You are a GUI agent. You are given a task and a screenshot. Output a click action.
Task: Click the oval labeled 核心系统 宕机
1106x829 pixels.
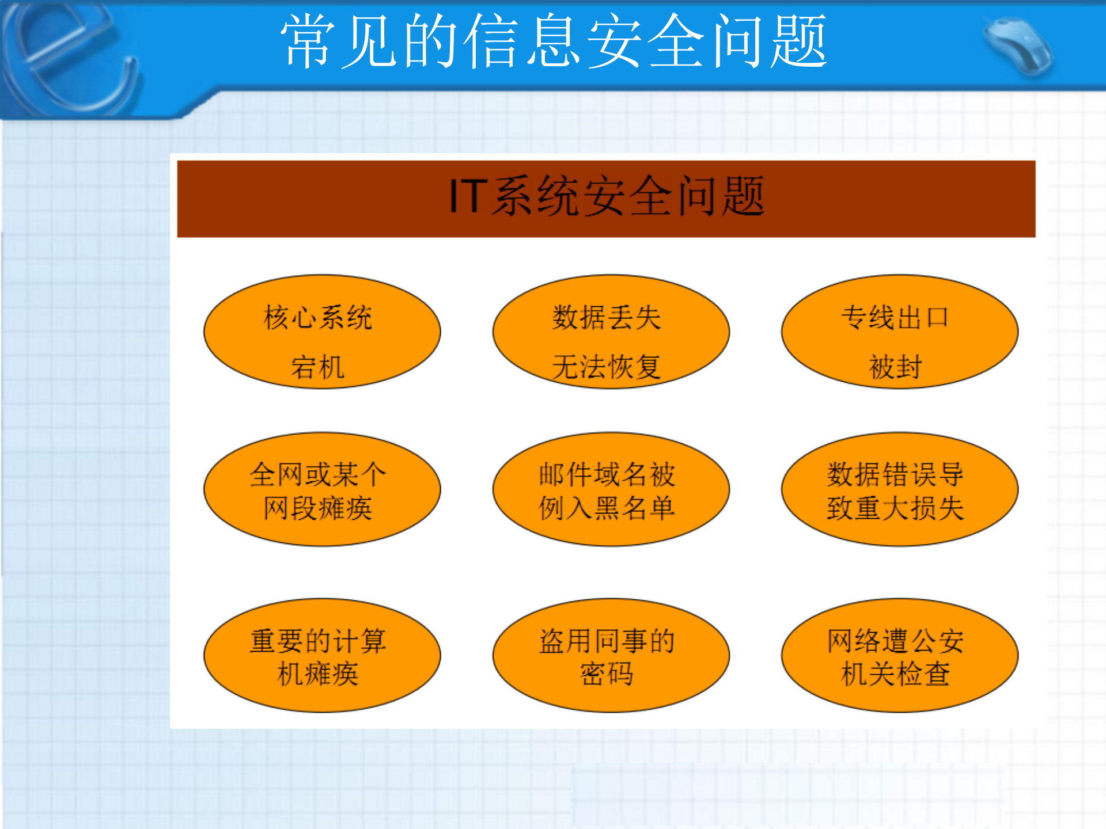(x=322, y=332)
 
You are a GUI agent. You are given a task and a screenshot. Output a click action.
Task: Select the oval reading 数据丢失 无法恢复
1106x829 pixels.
(x=611, y=332)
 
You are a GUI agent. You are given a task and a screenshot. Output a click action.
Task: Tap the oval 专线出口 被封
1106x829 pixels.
(x=899, y=332)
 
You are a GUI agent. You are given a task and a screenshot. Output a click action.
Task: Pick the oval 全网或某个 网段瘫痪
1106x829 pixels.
(x=322, y=490)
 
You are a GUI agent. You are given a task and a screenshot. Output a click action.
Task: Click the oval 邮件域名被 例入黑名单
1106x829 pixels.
(x=611, y=490)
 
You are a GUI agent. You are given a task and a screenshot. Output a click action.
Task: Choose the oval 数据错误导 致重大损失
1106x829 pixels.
(x=899, y=490)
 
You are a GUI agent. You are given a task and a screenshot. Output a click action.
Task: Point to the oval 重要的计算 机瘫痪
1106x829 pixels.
(x=322, y=656)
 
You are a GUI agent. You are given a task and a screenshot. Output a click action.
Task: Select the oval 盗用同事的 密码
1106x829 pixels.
(x=611, y=656)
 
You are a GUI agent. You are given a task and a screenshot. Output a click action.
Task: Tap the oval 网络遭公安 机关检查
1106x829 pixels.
(x=899, y=656)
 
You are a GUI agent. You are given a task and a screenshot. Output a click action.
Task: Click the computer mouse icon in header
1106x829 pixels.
(x=1018, y=46)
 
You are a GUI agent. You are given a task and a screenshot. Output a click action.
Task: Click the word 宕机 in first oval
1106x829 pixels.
(x=317, y=367)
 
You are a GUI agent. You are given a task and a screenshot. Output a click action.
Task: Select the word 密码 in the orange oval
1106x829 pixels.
(x=607, y=674)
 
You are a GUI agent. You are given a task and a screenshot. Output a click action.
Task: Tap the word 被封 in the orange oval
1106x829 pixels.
(x=895, y=367)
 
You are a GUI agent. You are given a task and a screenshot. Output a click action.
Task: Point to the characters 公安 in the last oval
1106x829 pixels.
(x=937, y=641)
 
